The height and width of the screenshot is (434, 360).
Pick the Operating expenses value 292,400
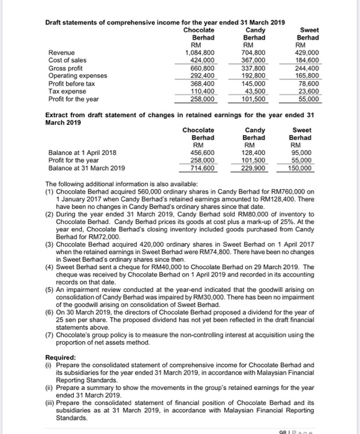click(201, 76)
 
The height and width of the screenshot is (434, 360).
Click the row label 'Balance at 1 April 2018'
click(84, 152)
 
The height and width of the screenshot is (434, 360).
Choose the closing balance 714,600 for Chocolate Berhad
click(201, 167)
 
